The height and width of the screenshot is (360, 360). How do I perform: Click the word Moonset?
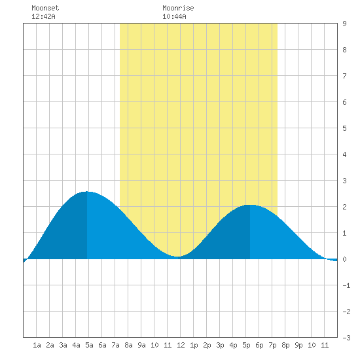[x=45, y=8]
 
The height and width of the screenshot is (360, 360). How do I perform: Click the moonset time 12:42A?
[x=43, y=16]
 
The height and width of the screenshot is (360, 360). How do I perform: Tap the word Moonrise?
[x=178, y=8]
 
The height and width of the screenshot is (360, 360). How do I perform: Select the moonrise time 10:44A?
[x=174, y=16]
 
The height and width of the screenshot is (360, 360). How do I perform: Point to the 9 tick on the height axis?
[x=344, y=24]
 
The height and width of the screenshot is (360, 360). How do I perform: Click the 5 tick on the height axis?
[x=344, y=128]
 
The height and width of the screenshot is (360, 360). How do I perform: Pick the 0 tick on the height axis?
[x=344, y=259]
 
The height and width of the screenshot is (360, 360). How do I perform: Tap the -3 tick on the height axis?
[x=346, y=338]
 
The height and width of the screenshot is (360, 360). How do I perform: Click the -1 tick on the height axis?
[x=346, y=285]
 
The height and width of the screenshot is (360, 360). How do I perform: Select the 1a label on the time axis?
[x=37, y=345]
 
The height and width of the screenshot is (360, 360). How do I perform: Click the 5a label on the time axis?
[x=89, y=345]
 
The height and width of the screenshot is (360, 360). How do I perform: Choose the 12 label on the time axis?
[x=181, y=345]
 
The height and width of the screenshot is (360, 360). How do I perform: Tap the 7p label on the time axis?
[x=272, y=345]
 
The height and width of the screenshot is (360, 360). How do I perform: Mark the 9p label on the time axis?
[x=298, y=345]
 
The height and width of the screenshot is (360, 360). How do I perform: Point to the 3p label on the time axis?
[x=220, y=345]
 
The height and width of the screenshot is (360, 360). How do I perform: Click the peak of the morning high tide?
[x=87, y=192]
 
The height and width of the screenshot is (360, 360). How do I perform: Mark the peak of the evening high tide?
[x=250, y=205]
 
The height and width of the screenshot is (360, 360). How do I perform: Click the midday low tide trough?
[x=177, y=257]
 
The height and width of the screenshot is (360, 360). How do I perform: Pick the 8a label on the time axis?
[x=128, y=345]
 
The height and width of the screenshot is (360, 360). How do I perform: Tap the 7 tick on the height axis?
[x=344, y=76]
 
